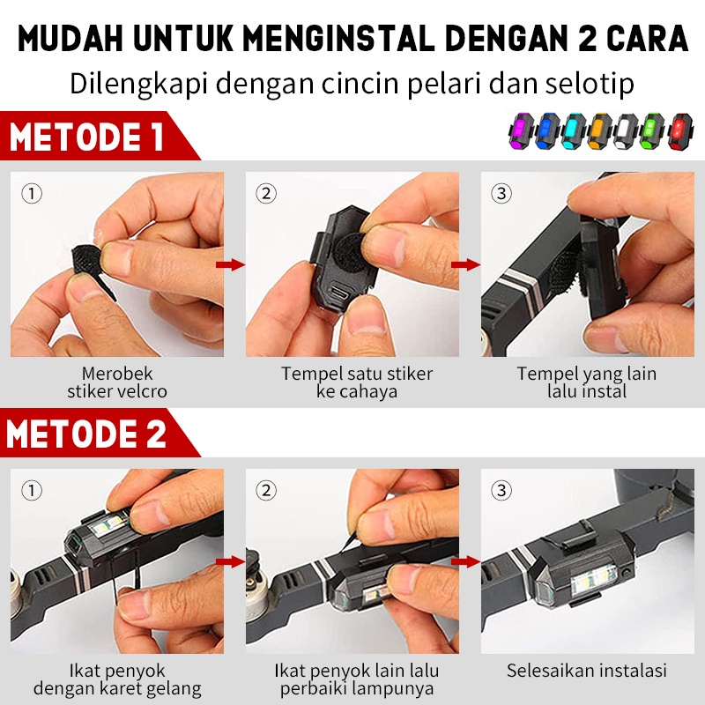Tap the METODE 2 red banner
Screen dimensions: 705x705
88,434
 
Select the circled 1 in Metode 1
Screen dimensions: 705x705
32,193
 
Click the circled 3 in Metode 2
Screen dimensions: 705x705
501,490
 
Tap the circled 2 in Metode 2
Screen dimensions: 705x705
266,490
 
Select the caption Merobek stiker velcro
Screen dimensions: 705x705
118,382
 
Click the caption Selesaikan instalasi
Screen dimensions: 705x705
587,671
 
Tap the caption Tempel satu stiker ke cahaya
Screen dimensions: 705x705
357,382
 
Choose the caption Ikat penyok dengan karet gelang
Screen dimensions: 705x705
118,679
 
